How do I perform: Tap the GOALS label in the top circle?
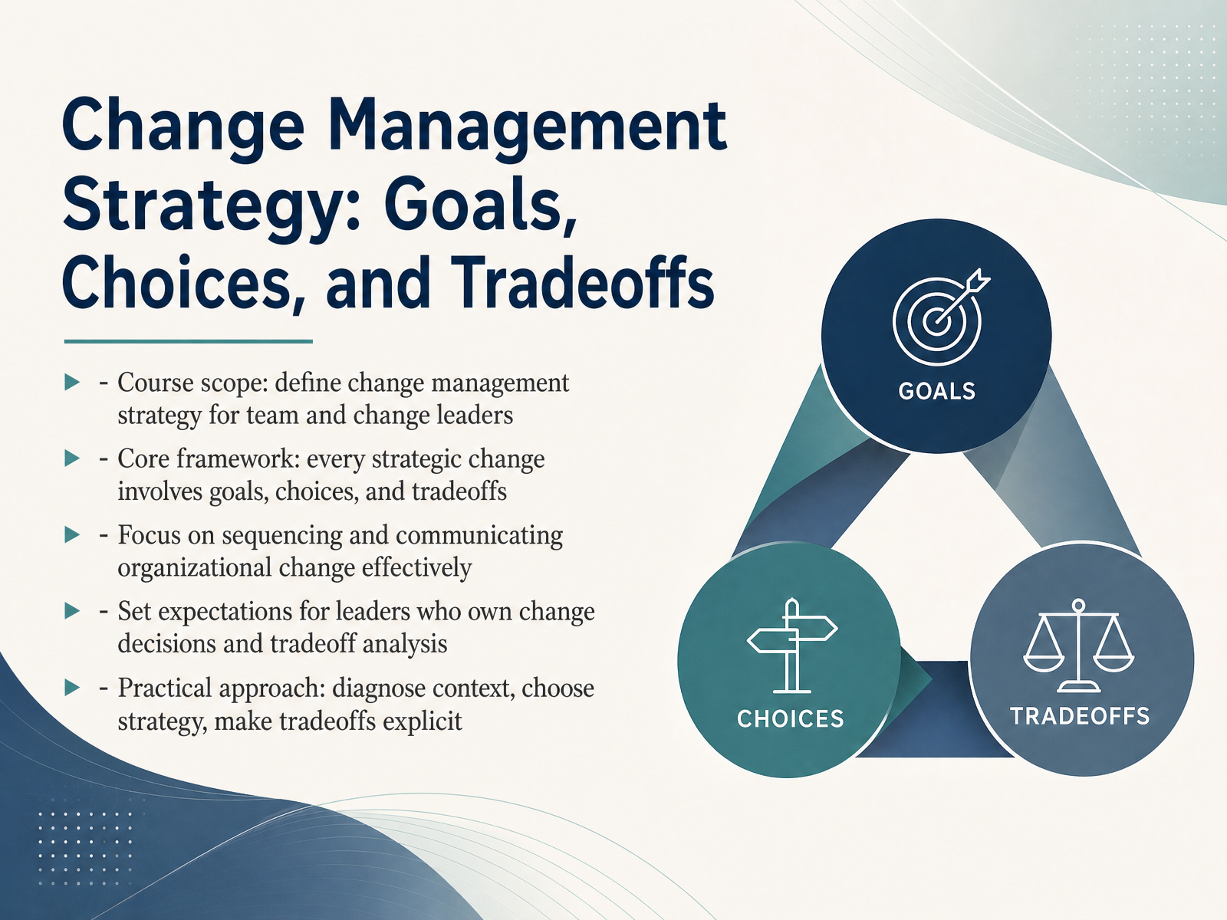click(x=937, y=391)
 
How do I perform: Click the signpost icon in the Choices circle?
click(x=792, y=646)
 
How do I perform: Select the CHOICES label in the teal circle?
click(x=791, y=719)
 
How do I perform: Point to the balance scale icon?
click(x=1078, y=646)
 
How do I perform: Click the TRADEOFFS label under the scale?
click(x=1080, y=716)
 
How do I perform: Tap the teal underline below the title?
click(x=189, y=341)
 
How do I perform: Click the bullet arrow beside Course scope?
click(x=72, y=383)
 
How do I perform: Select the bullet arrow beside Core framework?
click(x=72, y=458)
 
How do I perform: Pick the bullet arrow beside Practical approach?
click(x=72, y=687)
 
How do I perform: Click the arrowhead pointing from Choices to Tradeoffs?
click(x=916, y=678)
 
